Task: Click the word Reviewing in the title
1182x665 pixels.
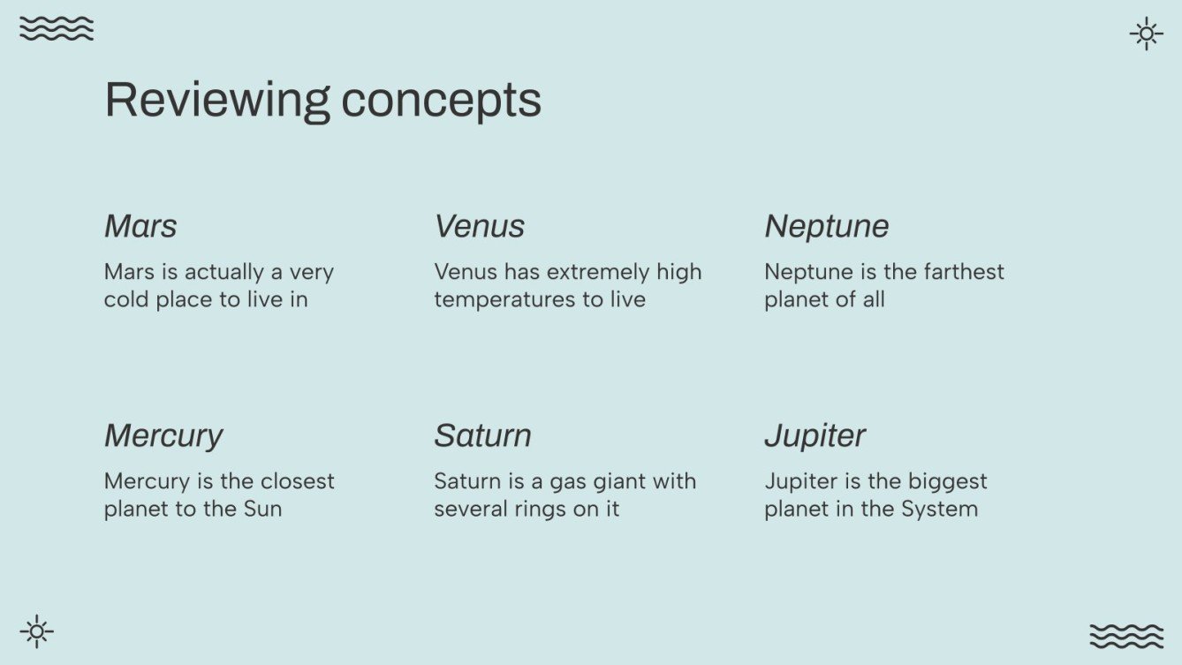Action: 217,100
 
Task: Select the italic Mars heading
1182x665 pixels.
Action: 140,226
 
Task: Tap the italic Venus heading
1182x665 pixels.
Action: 479,226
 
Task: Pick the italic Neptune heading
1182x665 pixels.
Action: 826,226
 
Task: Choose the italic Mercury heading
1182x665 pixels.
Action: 163,435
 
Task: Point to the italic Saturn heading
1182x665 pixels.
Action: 482,435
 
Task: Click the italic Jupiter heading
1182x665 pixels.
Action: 815,435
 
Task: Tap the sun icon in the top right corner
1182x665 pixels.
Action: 1146,34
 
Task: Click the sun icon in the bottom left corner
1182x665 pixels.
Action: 36,631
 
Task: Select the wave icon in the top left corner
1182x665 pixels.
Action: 57,28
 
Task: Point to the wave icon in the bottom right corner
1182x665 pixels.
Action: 1126,636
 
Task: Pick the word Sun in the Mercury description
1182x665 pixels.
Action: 262,509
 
